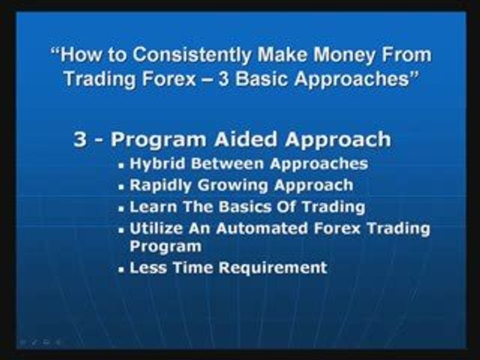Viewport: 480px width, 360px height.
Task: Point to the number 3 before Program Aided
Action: (80, 139)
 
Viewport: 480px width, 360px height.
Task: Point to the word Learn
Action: (148, 206)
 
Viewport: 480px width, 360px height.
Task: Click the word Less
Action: (145, 267)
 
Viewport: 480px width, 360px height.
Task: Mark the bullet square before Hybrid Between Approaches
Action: (121, 165)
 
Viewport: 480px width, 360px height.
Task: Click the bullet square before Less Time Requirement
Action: (121, 269)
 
